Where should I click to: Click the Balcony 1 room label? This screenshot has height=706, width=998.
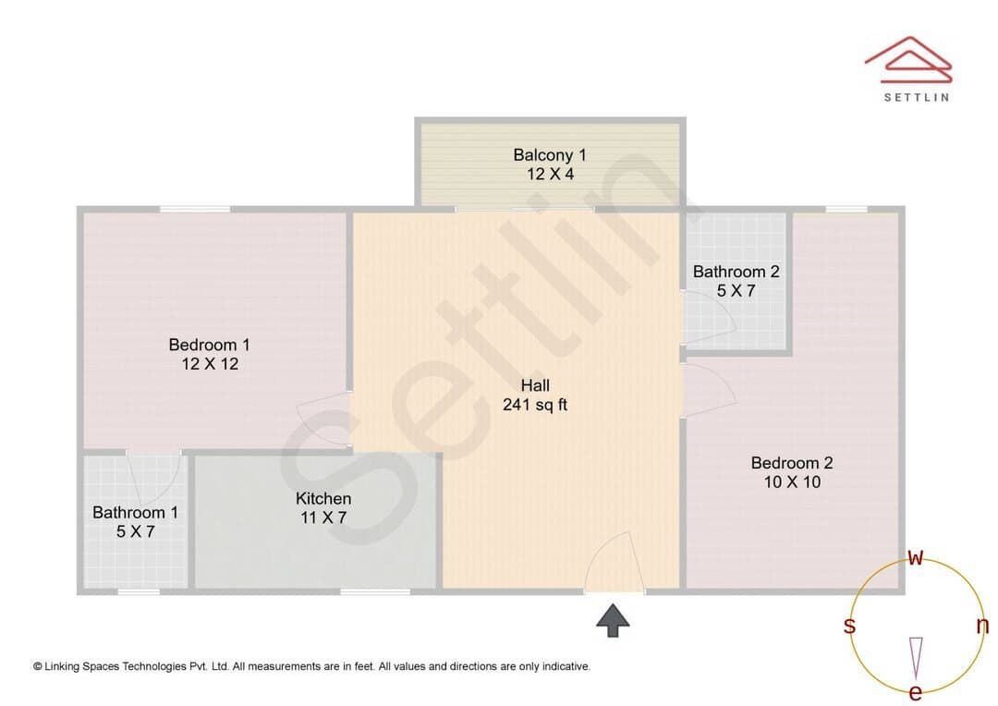[x=549, y=155]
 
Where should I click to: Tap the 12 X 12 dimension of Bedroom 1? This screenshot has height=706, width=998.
[x=210, y=364]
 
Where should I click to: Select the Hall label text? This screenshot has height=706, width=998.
[x=535, y=385]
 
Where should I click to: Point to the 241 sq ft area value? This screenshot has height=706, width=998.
[x=535, y=405]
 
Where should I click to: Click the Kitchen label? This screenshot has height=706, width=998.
[x=323, y=498]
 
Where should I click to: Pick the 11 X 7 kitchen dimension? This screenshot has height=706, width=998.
[x=323, y=517]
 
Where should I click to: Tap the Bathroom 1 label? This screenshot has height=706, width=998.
[x=135, y=513]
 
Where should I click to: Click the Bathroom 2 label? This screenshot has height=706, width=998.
[x=736, y=272]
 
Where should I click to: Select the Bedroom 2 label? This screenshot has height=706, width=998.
[x=792, y=463]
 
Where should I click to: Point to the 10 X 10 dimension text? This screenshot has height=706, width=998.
[x=792, y=482]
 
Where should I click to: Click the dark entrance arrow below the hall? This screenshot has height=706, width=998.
[x=613, y=620]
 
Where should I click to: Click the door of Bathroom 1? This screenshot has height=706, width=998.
[x=153, y=478]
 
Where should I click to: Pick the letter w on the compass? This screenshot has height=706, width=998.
[x=915, y=558]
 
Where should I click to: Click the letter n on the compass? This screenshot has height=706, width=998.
[x=982, y=626]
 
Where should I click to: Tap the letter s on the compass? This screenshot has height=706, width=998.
[x=849, y=626]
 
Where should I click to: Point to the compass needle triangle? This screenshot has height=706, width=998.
[x=916, y=658]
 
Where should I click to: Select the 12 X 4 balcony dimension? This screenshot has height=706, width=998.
[x=550, y=175]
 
